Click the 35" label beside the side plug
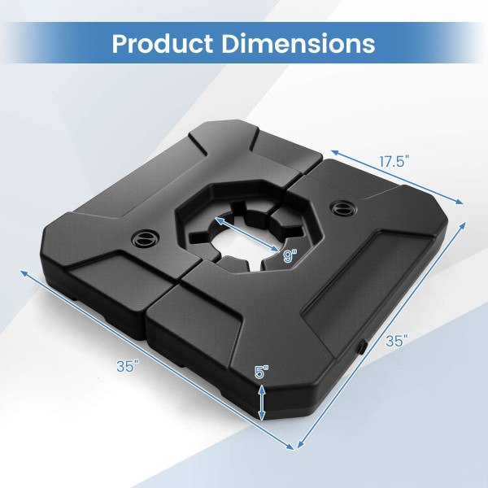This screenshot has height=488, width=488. click(x=395, y=342)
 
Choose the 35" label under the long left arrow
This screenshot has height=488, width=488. click(x=125, y=366)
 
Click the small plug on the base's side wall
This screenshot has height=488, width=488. click(x=361, y=346)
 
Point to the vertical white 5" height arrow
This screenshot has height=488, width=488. click(x=261, y=403)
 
